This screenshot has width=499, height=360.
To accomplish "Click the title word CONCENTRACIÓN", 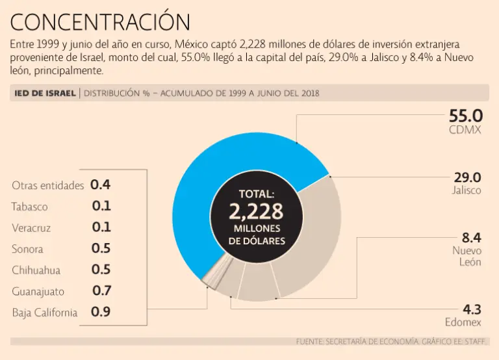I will pyautogui.click(x=101, y=22).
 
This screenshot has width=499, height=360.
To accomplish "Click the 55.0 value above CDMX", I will pyautogui.click(x=465, y=116).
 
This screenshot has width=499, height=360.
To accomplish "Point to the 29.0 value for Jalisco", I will pyautogui.click(x=468, y=177).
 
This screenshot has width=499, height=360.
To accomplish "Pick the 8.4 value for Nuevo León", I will pyautogui.click(x=470, y=237).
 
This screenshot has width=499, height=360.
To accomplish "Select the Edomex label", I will pyautogui.click(x=463, y=322).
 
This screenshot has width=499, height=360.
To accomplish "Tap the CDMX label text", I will pyautogui.click(x=465, y=130).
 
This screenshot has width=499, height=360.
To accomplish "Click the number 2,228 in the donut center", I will pyautogui.click(x=256, y=211).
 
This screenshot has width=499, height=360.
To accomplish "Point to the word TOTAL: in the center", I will pyautogui.click(x=256, y=194).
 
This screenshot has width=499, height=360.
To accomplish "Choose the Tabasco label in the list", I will pyautogui.click(x=29, y=207).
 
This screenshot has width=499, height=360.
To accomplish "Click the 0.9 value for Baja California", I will pyautogui.click(x=101, y=312).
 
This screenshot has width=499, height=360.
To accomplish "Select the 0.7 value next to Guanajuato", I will pyautogui.click(x=101, y=290).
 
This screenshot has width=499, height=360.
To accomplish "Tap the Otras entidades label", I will pyautogui.click(x=48, y=186).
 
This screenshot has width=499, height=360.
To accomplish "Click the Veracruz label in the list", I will pyautogui.click(x=31, y=228).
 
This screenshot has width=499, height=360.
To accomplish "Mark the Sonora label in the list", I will pyautogui.click(x=27, y=249).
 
